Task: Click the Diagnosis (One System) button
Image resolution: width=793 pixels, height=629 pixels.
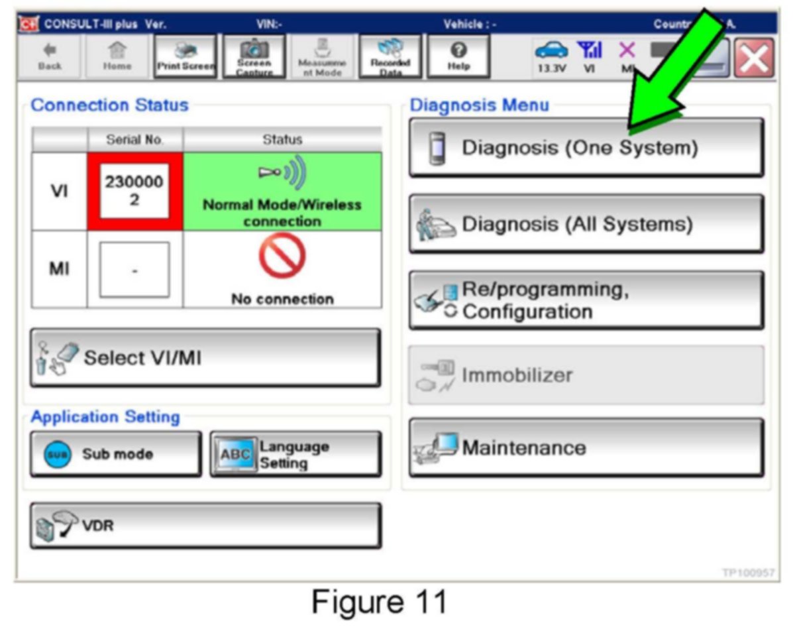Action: pos(586,147)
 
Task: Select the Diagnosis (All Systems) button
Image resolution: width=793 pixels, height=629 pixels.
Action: pos(586,224)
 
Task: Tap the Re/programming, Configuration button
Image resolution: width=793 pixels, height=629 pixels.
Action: pos(586,300)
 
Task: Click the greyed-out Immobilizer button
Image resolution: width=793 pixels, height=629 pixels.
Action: pos(586,375)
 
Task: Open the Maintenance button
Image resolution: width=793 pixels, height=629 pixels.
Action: pos(586,448)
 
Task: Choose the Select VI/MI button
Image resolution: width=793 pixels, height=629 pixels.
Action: pos(205,358)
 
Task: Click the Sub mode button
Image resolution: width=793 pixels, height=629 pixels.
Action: pos(115,455)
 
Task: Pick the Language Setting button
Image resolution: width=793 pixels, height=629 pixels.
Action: pos(295,455)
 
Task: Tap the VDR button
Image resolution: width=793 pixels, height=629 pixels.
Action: pos(205,526)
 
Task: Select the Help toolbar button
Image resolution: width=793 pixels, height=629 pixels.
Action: pos(458,57)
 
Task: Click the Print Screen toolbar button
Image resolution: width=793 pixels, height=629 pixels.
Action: pos(185,57)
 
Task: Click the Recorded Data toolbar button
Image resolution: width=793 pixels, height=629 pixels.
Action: pos(390,57)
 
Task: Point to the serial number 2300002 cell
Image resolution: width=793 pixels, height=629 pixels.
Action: pos(134,192)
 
